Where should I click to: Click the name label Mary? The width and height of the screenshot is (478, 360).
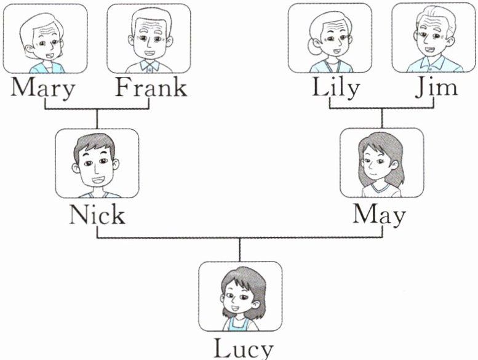coord(44,88)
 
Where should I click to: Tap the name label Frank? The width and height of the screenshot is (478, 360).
coord(151,87)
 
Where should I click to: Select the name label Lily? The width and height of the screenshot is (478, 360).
coord(335,87)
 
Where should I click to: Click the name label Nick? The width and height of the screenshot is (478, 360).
coord(97,215)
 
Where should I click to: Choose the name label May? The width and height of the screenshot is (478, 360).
coord(380,215)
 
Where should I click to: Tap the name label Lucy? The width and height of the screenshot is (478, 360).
coord(242,348)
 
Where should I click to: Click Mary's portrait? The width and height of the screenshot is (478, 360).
coord(45,39)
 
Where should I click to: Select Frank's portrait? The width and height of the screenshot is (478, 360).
coord(148,39)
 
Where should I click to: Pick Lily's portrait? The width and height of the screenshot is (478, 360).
coord(330,38)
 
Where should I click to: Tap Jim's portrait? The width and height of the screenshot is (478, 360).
coord(433,38)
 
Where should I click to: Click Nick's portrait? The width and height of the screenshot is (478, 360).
coord(97,163)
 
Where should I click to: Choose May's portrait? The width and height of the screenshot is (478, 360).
coord(381,163)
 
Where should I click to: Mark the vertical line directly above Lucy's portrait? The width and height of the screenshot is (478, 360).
coord(240,249)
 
